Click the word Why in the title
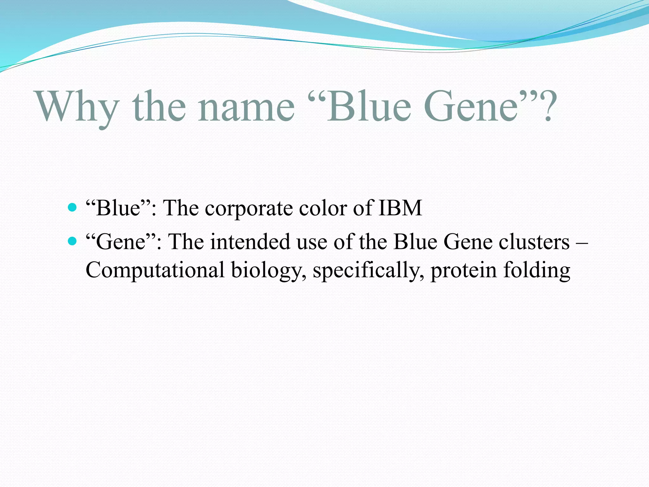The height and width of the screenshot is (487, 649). (78, 107)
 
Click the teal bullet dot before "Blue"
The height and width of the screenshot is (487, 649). (73, 208)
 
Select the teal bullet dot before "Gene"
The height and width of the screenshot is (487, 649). (73, 242)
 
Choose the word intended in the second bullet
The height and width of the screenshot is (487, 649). (250, 242)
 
